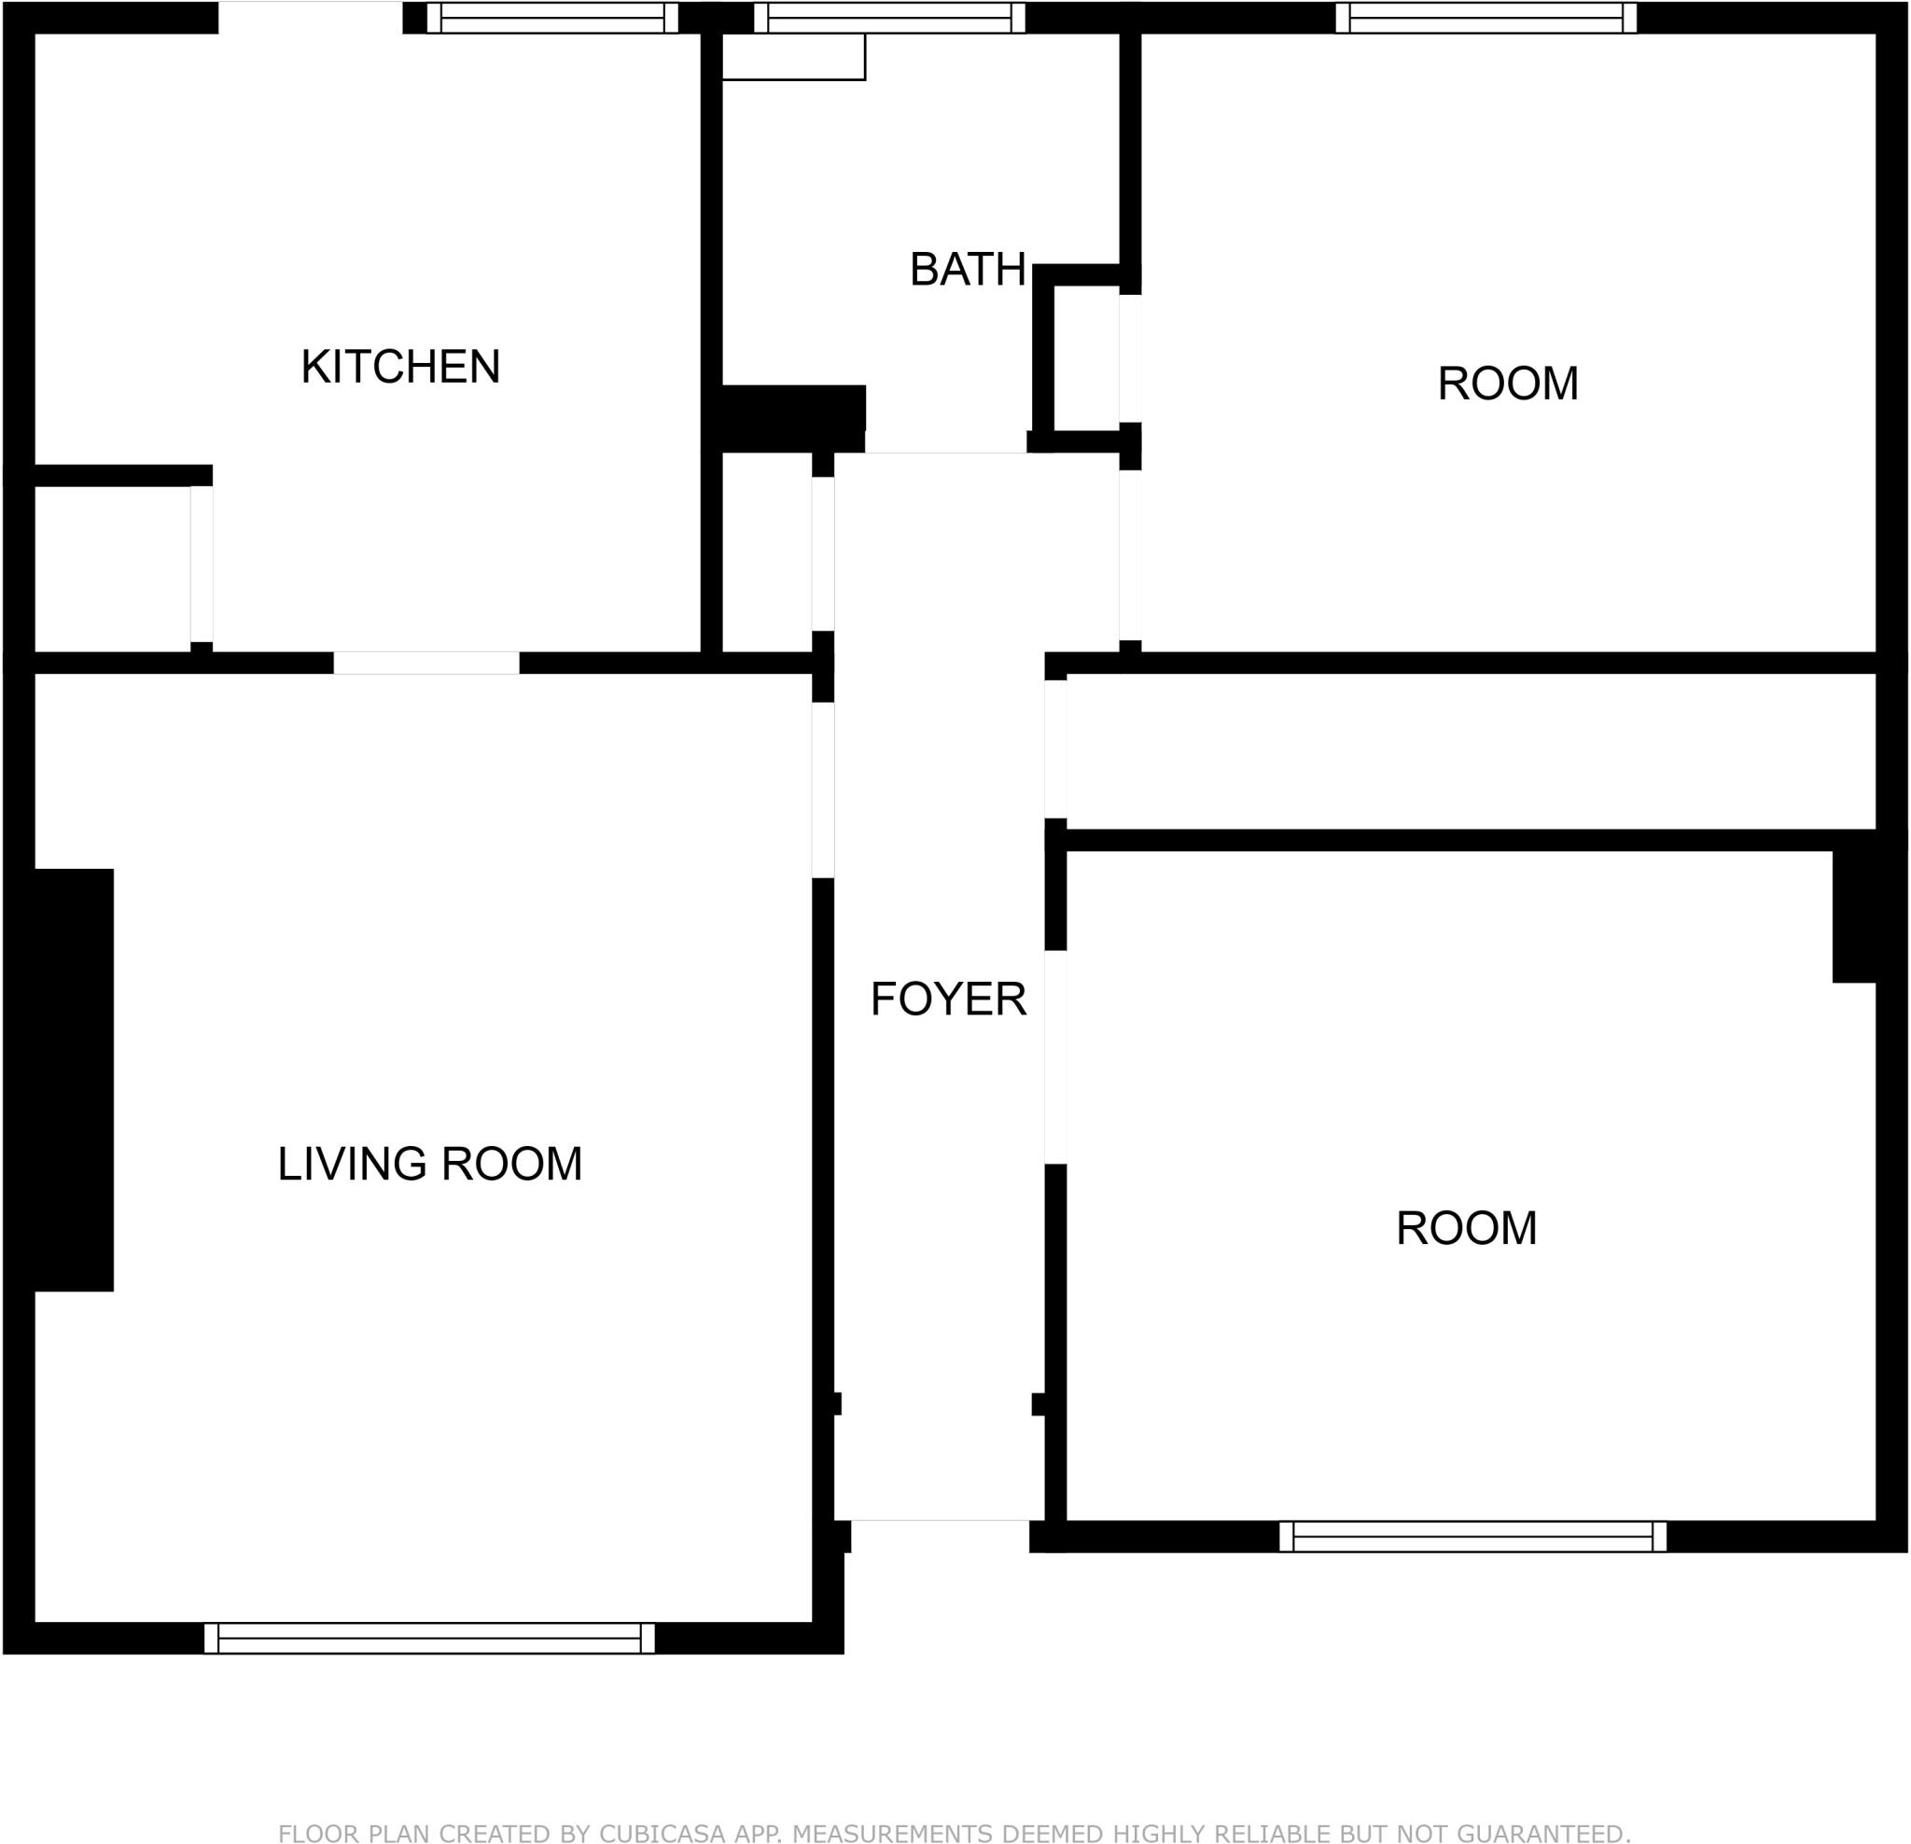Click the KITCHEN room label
click(x=399, y=367)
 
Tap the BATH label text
click(x=968, y=270)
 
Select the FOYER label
click(x=948, y=999)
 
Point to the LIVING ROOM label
click(x=429, y=1164)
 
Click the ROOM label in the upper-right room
click(x=1507, y=384)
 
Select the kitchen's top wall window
click(x=551, y=18)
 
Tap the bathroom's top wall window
click(x=889, y=18)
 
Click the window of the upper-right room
click(x=1486, y=18)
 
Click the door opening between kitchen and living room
click(x=426, y=663)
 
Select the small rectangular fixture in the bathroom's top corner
click(x=793, y=57)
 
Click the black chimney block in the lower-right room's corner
click(x=1854, y=915)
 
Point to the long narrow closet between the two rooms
click(x=1471, y=751)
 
